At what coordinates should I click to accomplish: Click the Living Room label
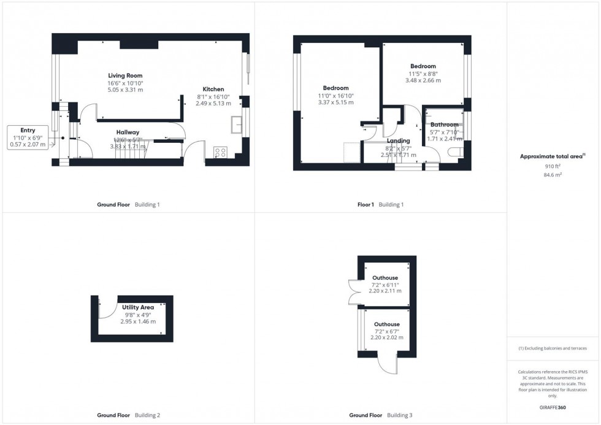(125, 75)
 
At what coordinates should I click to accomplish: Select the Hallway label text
(128, 132)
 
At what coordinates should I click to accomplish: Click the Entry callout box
(27, 137)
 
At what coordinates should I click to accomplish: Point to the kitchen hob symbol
(220, 152)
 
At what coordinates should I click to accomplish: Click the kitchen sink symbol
(237, 124)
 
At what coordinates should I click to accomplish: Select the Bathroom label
(444, 124)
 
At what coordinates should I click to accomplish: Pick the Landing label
(398, 140)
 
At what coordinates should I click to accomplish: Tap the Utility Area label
(137, 307)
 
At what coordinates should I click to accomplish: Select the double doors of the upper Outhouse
(354, 291)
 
